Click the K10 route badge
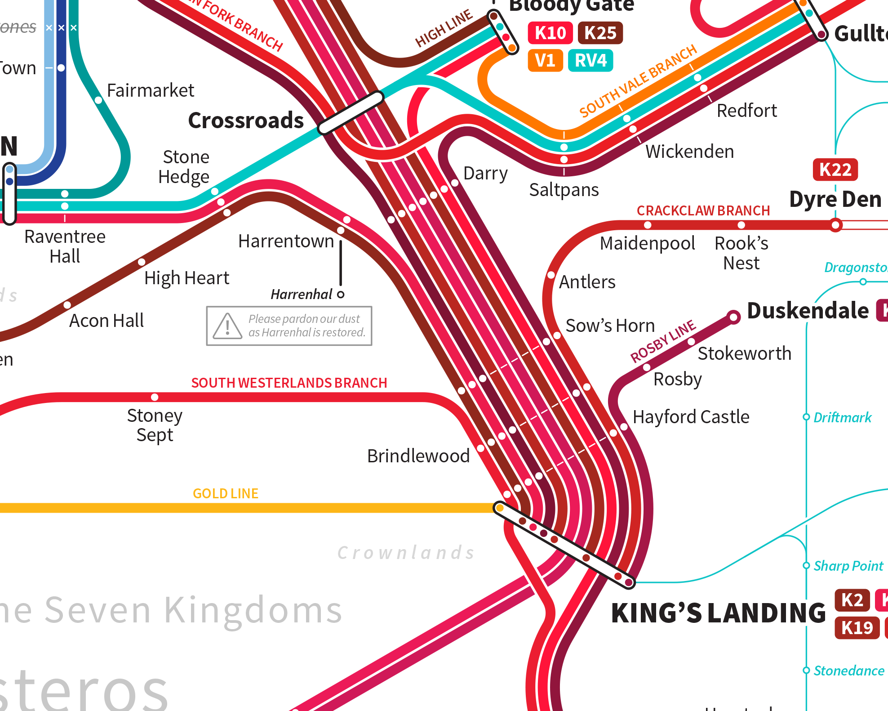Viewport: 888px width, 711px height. tap(550, 33)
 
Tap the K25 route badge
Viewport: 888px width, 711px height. tap(600, 33)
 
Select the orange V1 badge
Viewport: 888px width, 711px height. tap(545, 60)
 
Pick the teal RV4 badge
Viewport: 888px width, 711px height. tap(591, 60)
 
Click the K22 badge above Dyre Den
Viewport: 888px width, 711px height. tap(835, 170)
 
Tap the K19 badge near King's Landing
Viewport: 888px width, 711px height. tap(857, 628)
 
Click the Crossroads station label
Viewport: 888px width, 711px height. tap(246, 121)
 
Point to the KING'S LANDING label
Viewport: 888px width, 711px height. tap(718, 613)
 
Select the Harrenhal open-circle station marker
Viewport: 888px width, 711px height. tap(341, 295)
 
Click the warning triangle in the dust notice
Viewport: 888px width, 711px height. tap(227, 326)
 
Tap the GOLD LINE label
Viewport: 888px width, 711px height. tap(225, 494)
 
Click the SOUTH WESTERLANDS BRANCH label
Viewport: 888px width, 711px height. tap(289, 383)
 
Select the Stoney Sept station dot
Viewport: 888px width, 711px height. tap(155, 397)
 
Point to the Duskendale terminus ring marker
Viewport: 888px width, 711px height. tap(733, 317)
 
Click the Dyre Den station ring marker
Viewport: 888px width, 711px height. tap(835, 225)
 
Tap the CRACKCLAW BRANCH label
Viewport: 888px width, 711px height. tap(703, 210)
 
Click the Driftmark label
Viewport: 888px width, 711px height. tap(842, 417)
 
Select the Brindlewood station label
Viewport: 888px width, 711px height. tap(418, 456)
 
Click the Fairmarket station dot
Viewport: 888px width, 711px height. tap(98, 100)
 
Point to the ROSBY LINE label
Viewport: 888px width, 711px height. tap(662, 341)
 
